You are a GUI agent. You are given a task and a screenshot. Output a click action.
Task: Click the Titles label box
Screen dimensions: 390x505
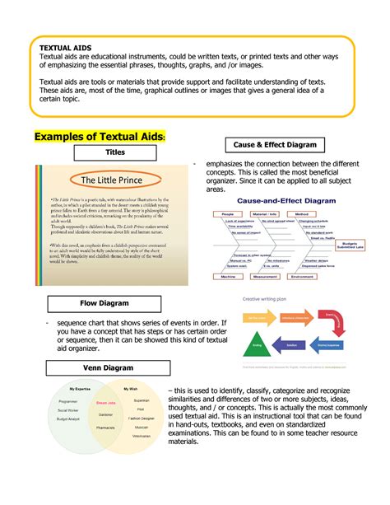pyautogui.click(x=109, y=152)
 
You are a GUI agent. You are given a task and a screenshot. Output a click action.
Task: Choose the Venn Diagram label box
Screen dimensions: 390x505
pyautogui.click(x=106, y=367)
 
